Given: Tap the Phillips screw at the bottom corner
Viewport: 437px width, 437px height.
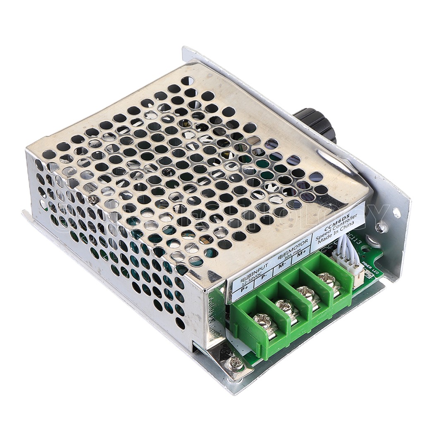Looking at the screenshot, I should pyautogui.click(x=236, y=363).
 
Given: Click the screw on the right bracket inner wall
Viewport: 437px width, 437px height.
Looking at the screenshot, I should pyautogui.click(x=381, y=227).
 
